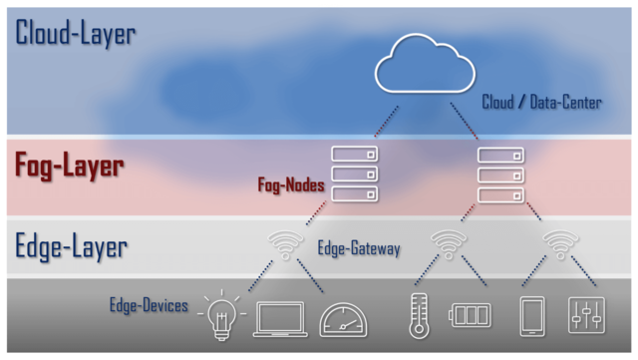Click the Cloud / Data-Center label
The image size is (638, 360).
coord(542,102)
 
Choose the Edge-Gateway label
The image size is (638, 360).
coord(359,247)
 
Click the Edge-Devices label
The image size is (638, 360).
coord(149,304)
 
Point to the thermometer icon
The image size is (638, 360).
coord(418,315)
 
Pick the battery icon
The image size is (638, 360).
coord(472,317)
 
